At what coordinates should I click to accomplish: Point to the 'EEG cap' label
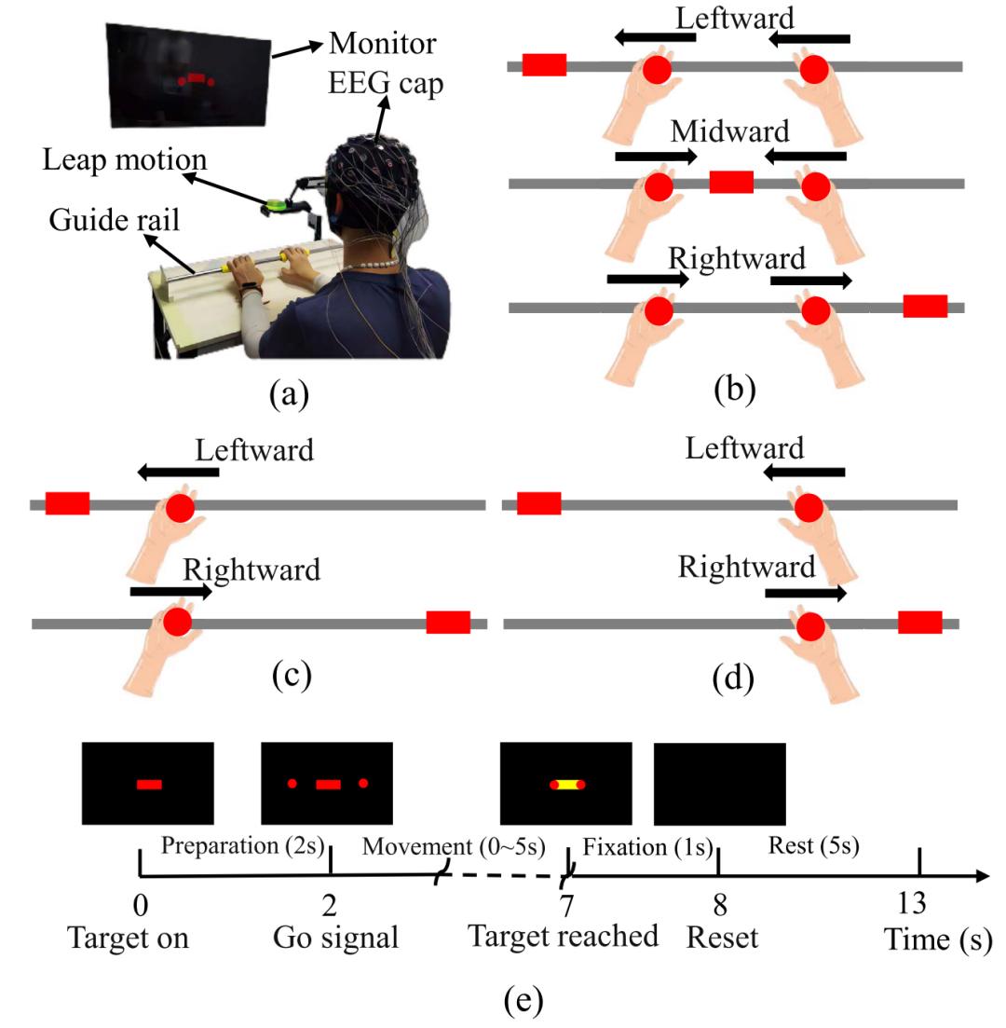click(384, 86)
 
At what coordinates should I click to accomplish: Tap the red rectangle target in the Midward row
click(730, 182)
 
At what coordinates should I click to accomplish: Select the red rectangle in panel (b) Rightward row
click(925, 307)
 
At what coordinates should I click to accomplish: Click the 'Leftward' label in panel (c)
click(254, 451)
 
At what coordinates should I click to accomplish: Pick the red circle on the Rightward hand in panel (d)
click(809, 625)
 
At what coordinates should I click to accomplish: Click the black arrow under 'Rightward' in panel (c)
click(170, 591)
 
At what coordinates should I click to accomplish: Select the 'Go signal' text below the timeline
click(335, 937)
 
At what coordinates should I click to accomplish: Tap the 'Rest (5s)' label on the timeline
click(812, 848)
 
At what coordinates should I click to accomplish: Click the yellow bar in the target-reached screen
click(566, 785)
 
